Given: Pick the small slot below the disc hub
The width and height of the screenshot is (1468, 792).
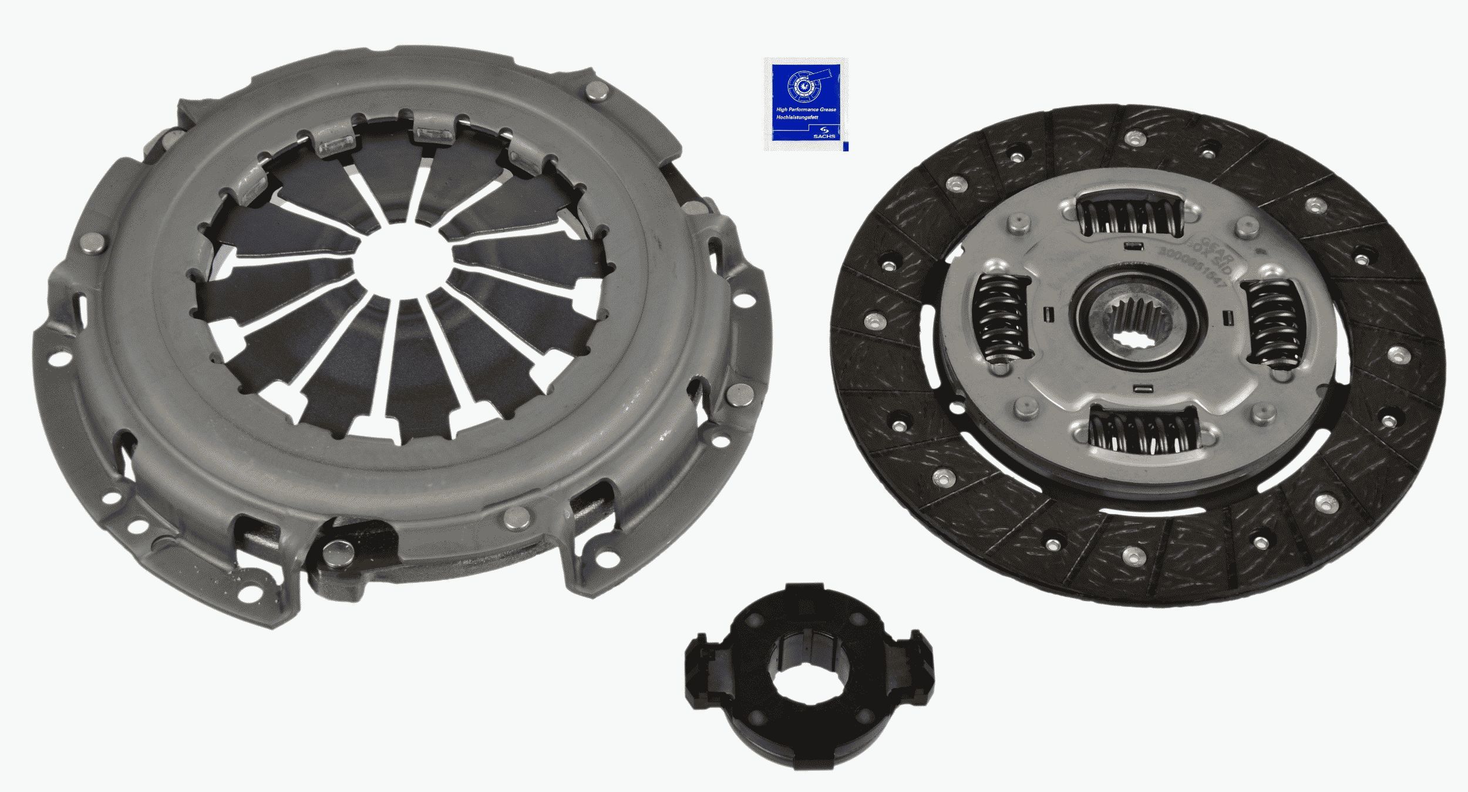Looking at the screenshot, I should pos(1142,387).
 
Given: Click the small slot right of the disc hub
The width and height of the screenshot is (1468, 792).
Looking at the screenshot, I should pos(1227,318).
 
